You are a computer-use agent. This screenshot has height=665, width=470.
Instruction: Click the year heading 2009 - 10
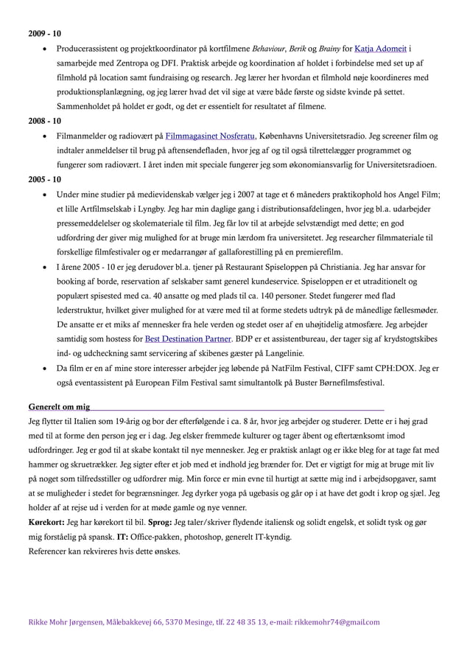(44, 34)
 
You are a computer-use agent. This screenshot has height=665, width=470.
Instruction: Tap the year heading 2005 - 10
(44, 179)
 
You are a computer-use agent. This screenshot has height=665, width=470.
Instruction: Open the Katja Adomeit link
(381, 49)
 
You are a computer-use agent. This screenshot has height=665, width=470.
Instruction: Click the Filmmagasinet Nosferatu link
(208, 136)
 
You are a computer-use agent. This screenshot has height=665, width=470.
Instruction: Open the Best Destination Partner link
(187, 339)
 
